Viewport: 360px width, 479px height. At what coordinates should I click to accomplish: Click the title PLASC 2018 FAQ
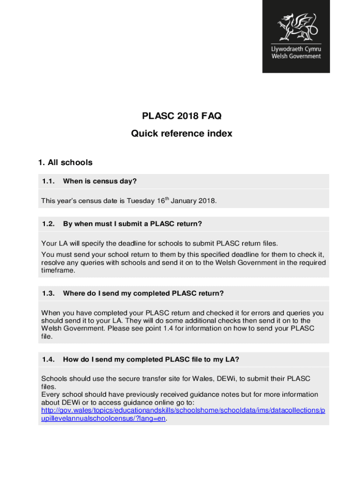(181, 116)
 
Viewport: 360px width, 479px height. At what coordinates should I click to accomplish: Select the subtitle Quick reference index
(181, 134)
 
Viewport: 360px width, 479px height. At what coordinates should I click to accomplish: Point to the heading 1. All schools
(65, 163)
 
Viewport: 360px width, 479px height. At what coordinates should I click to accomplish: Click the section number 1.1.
(49, 181)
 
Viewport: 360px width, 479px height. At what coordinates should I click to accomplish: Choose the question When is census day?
(100, 181)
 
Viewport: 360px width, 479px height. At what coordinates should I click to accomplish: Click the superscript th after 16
(166, 199)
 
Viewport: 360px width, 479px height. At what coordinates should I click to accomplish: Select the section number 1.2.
(49, 224)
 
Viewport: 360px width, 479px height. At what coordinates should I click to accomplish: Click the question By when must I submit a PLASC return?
(132, 224)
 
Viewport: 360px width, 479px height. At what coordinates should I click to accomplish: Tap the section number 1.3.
(49, 293)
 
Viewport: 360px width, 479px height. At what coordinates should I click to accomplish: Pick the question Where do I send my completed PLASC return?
(144, 293)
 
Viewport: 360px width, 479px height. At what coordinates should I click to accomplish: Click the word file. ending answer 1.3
(47, 336)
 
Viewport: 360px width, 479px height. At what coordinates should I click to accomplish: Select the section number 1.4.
(49, 359)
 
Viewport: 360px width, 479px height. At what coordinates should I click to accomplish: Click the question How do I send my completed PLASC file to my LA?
(151, 359)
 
